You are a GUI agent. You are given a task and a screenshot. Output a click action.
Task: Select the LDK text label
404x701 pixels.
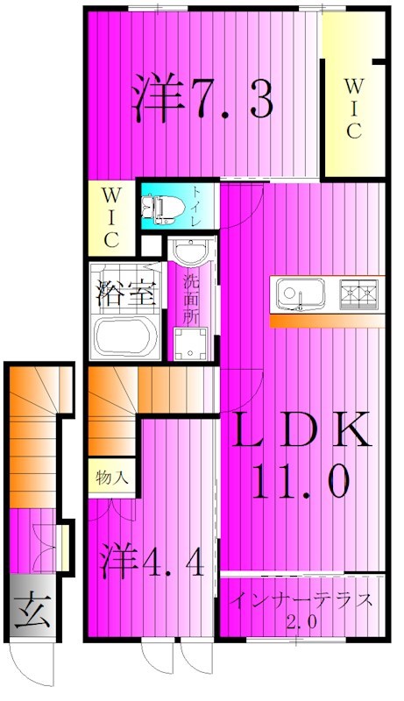(302, 430)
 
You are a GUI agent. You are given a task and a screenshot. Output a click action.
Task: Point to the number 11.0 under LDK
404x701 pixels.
(302, 479)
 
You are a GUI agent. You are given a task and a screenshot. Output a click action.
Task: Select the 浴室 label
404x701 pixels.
(123, 293)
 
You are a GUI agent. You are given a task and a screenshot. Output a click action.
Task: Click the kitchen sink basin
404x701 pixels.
(301, 293)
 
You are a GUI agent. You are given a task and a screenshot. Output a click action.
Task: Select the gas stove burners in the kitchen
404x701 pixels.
(360, 293)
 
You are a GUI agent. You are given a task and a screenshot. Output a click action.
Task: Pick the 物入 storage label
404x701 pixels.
(112, 478)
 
